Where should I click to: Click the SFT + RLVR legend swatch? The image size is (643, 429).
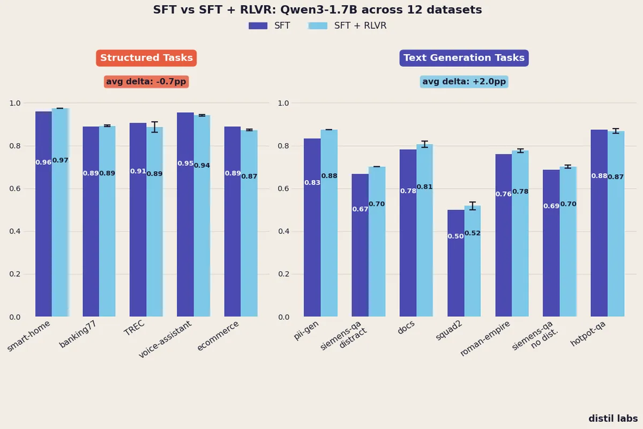click(318, 26)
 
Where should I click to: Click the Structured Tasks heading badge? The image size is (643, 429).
click(146, 58)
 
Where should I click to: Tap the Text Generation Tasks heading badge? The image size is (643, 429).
click(464, 58)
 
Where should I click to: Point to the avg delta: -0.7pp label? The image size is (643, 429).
click(147, 82)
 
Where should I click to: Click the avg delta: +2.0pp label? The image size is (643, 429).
click(464, 82)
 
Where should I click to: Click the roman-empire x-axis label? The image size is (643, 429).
click(485, 339)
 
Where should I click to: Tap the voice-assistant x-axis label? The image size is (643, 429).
click(166, 340)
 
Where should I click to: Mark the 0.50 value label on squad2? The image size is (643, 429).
click(455, 236)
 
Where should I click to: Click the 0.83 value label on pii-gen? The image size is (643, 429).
click(312, 183)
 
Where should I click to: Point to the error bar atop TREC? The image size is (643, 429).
click(155, 127)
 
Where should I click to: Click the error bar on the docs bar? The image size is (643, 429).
click(425, 144)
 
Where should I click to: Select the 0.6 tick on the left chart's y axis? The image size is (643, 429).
click(14, 189)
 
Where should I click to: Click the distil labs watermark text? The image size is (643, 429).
click(613, 418)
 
